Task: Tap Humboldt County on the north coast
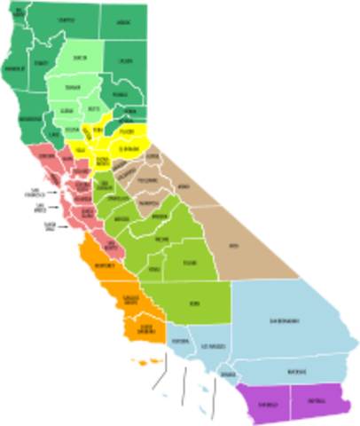pos(14,67)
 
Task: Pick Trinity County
pos(41,64)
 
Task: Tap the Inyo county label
pos(234,244)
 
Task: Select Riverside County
pos(297,370)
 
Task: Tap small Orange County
pos(229,375)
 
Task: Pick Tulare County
pos(188,263)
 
